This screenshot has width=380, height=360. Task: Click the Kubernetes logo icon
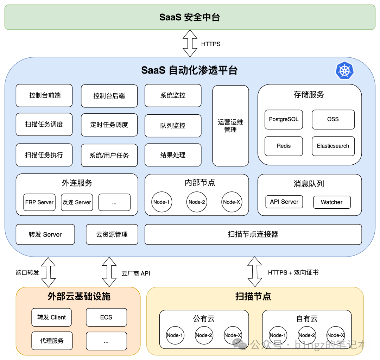(344, 70)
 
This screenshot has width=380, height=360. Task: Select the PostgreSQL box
(284, 119)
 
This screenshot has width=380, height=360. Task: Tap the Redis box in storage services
(284, 146)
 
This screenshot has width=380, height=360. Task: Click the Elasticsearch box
(333, 146)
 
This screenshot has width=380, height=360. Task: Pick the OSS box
(333, 119)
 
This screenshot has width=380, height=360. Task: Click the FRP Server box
(39, 202)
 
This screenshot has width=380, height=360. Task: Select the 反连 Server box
(77, 202)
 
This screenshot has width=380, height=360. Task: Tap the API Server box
(284, 202)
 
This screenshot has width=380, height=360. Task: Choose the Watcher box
(331, 202)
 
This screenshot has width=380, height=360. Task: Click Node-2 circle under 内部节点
(197, 202)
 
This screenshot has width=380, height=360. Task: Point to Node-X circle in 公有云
(233, 335)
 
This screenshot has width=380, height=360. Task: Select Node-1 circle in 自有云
(278, 335)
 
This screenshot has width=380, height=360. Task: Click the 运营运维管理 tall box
(230, 126)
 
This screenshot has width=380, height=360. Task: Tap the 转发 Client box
(51, 317)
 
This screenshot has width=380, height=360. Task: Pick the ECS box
(106, 317)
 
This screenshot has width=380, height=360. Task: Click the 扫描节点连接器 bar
(253, 234)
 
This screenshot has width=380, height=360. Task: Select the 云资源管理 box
(112, 234)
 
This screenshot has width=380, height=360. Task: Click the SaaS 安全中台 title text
(190, 17)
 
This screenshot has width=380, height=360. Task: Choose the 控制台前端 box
(44, 95)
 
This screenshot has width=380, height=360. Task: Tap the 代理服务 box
(52, 341)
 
